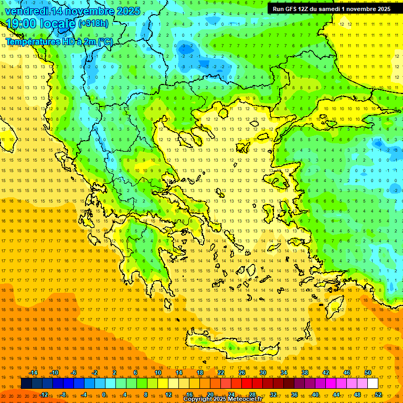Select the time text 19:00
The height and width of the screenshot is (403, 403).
coord(25,24)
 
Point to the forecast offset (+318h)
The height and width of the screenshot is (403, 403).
coord(93,24)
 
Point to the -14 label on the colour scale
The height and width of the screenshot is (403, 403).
coord(34,373)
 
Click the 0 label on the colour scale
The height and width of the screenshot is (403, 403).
coord(104,395)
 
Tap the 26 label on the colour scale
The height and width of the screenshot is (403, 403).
coord(242,373)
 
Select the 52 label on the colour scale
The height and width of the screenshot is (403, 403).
coord(378,395)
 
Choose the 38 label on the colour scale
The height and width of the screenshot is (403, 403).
coord(305,373)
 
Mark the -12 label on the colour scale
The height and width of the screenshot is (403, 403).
coord(44,395)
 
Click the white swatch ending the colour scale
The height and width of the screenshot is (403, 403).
coord(373,384)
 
